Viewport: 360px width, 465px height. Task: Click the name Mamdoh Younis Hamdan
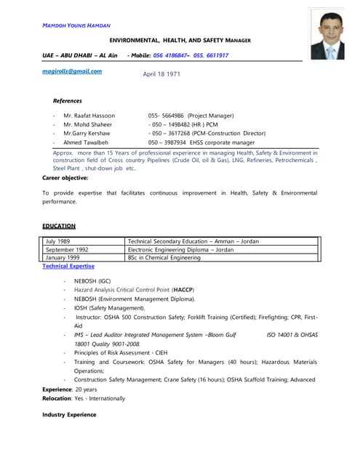[76, 25]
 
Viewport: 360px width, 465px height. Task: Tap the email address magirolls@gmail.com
[72, 71]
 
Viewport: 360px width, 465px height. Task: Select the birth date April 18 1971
[162, 74]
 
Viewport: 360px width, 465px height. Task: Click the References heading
[68, 101]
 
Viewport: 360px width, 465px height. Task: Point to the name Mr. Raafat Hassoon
[88, 116]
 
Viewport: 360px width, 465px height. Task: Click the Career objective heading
[65, 177]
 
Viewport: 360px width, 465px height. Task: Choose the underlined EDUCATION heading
[59, 226]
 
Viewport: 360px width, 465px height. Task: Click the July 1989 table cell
[58, 241]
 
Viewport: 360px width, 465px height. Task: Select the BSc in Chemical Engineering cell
[164, 257]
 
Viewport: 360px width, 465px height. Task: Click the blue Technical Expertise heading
[68, 267]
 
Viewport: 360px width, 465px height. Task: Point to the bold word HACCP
[183, 289]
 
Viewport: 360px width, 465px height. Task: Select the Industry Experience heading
[69, 414]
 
